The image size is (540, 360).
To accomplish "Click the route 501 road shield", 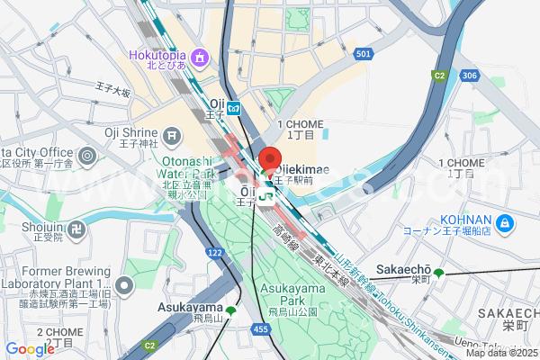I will pos(363,55).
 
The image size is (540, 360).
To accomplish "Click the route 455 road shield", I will pos(261,329).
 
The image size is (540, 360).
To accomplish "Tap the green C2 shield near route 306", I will pos(439,76).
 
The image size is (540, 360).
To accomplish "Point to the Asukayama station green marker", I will pos(231,311).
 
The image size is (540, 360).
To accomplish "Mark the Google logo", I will pos(30,349).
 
